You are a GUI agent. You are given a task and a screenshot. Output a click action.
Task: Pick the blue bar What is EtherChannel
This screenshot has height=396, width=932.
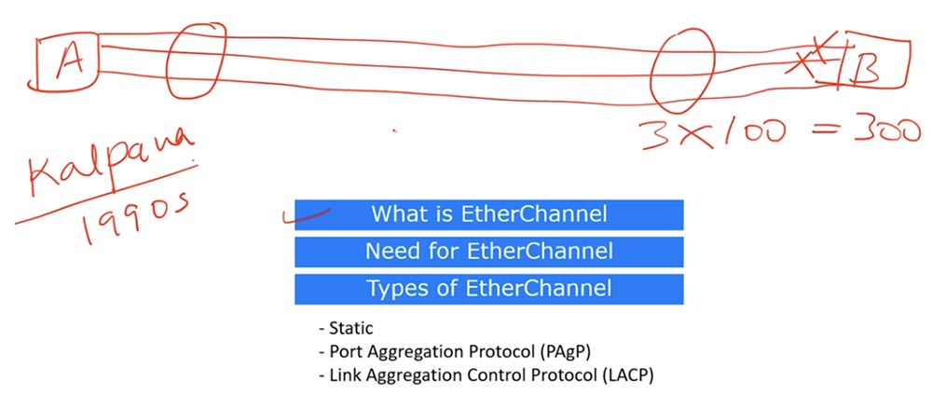(489, 214)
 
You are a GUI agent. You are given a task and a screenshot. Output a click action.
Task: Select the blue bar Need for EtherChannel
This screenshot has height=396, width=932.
(489, 252)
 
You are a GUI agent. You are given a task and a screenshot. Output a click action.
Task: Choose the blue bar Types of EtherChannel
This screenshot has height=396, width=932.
(489, 289)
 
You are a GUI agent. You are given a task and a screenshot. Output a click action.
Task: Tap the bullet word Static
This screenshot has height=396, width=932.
(349, 330)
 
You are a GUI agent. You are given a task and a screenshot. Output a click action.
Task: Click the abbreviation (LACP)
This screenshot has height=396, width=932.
(630, 375)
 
